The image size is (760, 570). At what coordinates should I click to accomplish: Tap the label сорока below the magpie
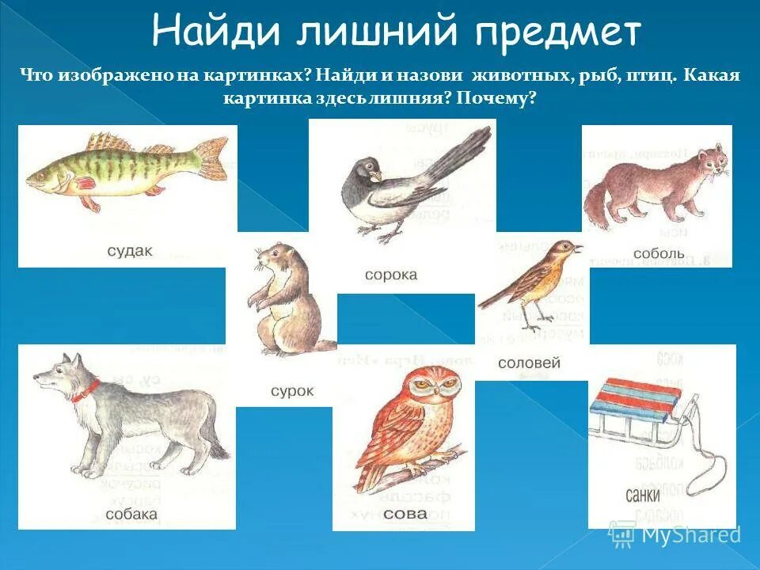(390, 275)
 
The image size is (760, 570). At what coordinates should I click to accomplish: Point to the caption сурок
(292, 391)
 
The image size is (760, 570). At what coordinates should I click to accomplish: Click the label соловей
(529, 363)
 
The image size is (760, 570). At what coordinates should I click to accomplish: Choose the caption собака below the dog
(131, 515)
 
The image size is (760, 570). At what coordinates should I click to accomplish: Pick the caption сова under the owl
(405, 514)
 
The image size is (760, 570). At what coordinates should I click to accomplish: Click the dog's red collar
(87, 390)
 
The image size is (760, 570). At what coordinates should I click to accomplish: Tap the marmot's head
(269, 257)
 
